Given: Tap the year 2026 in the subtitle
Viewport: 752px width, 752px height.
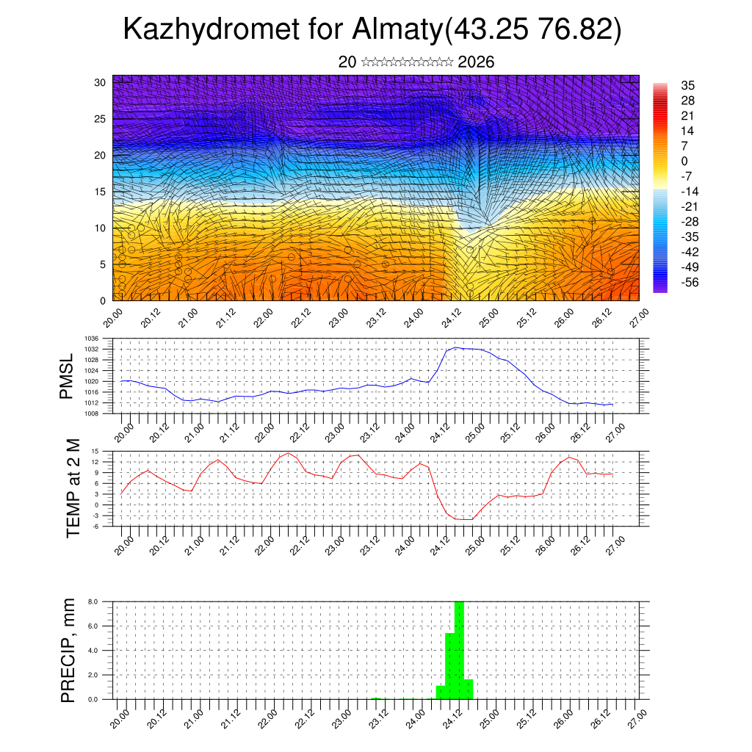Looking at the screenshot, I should [x=476, y=62].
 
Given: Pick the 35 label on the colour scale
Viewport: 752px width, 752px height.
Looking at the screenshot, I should [x=687, y=85].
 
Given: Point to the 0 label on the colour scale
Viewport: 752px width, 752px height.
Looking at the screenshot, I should [x=684, y=161].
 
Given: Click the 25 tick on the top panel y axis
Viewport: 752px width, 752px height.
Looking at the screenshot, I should [x=101, y=118].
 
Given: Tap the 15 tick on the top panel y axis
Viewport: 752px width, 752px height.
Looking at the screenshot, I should [x=101, y=192].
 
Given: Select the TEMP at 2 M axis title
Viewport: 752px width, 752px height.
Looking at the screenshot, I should [x=73, y=488].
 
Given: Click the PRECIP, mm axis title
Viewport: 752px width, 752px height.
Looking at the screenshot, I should [x=68, y=651].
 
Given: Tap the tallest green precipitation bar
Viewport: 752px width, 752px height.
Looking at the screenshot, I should [x=459, y=646].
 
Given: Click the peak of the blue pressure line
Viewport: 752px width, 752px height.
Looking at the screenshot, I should [x=455, y=347].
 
